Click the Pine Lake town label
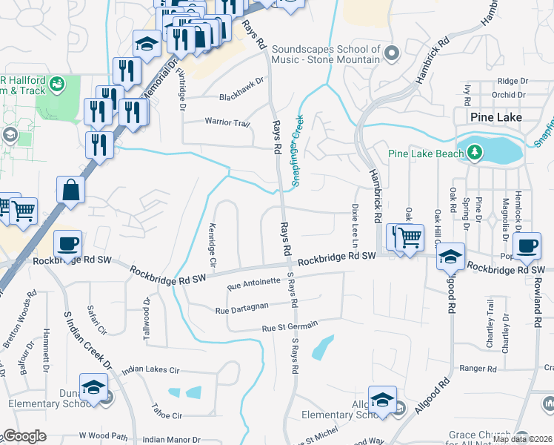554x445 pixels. click(495, 117)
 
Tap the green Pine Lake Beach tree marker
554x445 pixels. click(475, 154)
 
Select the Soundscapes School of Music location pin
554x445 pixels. click(393, 53)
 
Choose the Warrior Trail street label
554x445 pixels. click(227, 121)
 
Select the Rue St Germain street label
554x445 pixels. click(290, 325)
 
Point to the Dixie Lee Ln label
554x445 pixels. click(355, 225)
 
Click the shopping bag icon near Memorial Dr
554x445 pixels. click(71, 190)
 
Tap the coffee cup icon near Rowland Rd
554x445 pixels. click(527, 245)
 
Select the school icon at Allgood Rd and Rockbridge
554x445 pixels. click(450, 257)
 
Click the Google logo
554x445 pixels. click(25, 436)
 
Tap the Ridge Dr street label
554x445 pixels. click(512, 81)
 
